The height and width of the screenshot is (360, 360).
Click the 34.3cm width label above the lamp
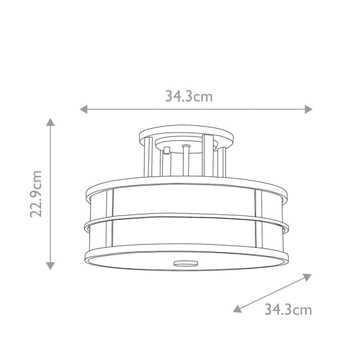tap(189, 96)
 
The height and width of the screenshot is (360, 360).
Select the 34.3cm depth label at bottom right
tap(288, 310)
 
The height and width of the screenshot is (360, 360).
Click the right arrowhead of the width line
tap(309, 109)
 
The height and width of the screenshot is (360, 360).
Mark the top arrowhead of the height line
tap(50, 122)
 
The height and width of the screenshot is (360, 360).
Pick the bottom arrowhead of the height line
tap(50, 265)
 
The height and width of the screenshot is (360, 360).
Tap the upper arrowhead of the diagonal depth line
tap(307, 277)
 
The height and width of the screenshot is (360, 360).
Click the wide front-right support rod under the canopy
tap(208, 157)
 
